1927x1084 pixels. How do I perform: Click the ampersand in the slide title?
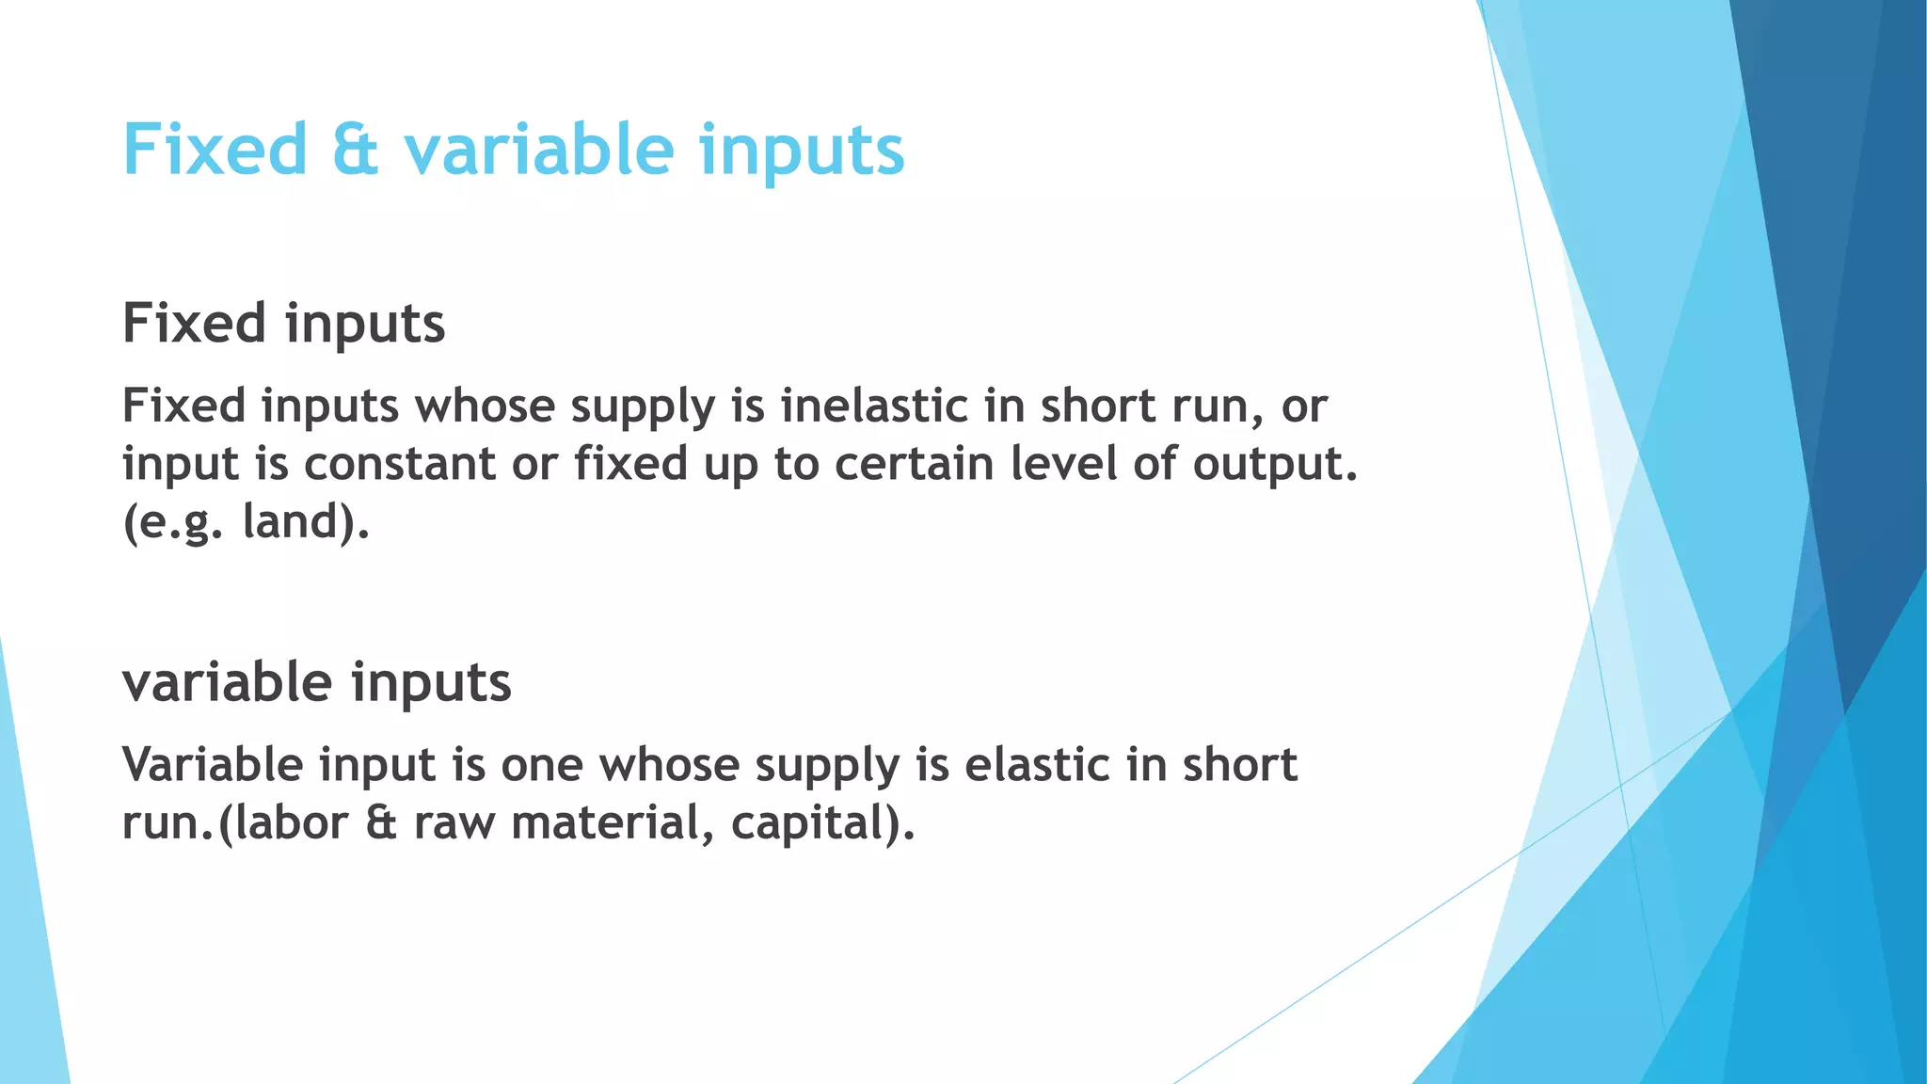coord(356,151)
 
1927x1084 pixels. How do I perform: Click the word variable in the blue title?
coord(539,151)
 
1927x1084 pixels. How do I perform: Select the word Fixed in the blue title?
coord(215,151)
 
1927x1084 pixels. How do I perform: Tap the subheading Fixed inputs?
coord(283,324)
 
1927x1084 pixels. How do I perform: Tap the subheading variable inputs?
coord(316,682)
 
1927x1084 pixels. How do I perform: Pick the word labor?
coord(290,823)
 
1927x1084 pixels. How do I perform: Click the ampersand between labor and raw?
coord(381,823)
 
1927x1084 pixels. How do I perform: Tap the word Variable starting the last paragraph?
coord(213,765)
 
